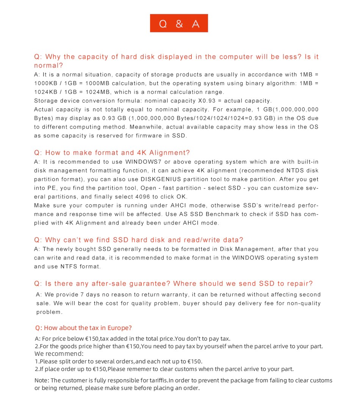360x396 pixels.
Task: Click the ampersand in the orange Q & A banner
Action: [179, 24]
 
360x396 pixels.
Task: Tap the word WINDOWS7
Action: [142, 162]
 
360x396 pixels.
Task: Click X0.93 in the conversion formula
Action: [207, 101]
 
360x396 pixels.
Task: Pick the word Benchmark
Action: [221, 214]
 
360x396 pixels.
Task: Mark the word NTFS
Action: [69, 267]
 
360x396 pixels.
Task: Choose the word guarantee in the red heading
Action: [150, 284]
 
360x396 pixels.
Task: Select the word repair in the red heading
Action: [298, 284]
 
